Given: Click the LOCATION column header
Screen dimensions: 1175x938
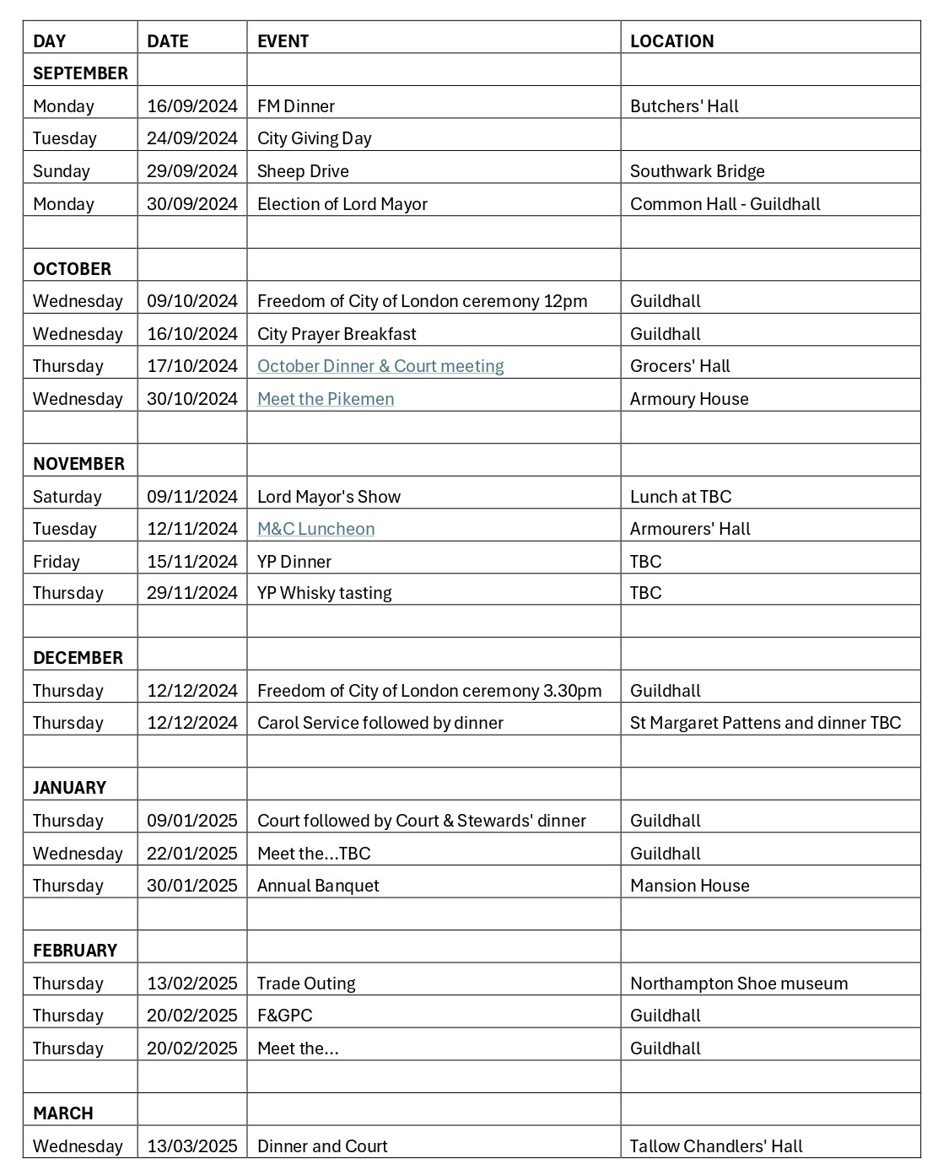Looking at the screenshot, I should [671, 41].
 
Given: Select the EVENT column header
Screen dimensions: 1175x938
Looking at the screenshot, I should [283, 41].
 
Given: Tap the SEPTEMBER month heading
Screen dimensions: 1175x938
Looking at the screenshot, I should [80, 73].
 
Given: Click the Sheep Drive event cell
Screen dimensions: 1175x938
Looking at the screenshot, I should [303, 171].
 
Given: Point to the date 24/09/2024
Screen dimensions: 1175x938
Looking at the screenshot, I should [192, 138].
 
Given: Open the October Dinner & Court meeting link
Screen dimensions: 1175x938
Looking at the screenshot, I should [380, 366].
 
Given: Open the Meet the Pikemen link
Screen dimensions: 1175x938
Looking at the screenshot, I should [326, 399].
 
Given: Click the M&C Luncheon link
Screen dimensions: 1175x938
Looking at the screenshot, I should [315, 529].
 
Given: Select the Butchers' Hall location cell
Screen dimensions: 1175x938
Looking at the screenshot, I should [684, 106].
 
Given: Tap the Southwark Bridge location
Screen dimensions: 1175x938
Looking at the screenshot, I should [697, 171].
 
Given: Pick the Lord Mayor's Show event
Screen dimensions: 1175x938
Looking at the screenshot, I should [329, 497].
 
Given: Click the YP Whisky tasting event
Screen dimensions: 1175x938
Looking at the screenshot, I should [324, 593].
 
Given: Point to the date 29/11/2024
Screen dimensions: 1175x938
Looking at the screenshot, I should [192, 593].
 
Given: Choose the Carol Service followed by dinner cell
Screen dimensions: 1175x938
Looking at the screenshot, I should [380, 723].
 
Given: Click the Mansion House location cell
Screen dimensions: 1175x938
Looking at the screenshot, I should [689, 886].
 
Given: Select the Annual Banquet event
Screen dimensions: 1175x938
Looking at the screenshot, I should [318, 886].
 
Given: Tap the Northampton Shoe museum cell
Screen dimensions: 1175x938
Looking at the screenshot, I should [739, 984].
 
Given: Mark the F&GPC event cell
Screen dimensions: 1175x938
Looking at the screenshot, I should [284, 1016].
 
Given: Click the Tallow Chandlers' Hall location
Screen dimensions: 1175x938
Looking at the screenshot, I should [716, 1146].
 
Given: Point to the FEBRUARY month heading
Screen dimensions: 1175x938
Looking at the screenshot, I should [75, 951].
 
